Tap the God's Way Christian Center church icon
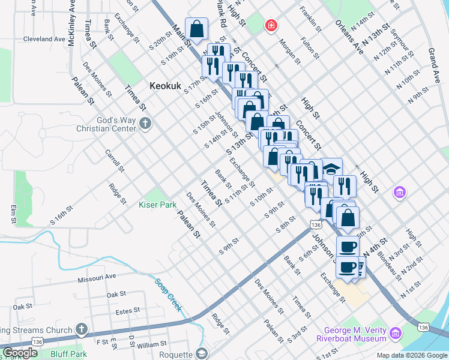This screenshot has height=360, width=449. (145, 124)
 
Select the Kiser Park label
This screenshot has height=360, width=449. (157, 205)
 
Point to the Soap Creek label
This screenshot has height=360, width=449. (168, 293)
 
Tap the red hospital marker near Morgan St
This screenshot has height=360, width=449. (272, 25)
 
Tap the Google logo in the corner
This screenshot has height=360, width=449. (20, 353)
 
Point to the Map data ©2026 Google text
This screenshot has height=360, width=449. (411, 355)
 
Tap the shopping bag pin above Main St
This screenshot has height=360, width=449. (197, 28)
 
